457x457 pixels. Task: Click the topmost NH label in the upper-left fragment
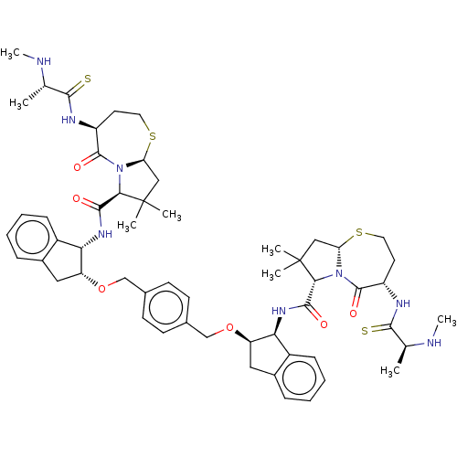click(43, 61)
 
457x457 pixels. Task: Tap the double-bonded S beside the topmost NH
click(87, 80)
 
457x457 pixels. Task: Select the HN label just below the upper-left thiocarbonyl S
click(68, 120)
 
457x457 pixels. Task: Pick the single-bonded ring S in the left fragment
click(152, 136)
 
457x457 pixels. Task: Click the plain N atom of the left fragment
click(119, 168)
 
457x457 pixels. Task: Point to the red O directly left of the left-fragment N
click(77, 167)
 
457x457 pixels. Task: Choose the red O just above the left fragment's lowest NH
click(76, 198)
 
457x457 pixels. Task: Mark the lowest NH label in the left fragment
click(104, 234)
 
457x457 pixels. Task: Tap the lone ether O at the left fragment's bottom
click(101, 289)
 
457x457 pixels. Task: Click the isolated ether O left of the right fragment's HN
click(229, 327)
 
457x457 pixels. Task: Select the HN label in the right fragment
click(279, 311)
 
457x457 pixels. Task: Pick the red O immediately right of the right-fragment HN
click(324, 324)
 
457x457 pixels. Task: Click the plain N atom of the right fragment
click(338, 273)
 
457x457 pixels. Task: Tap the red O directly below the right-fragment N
click(353, 314)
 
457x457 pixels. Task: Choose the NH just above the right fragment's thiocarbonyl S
click(403, 303)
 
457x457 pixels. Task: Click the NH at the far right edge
click(433, 343)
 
